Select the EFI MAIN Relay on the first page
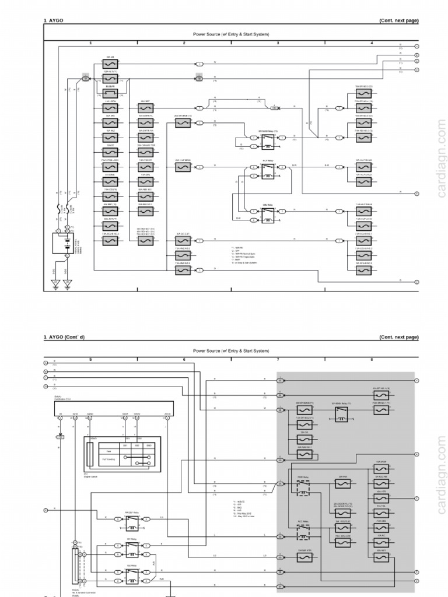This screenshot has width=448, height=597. [268, 138]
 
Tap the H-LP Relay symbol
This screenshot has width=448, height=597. [268, 170]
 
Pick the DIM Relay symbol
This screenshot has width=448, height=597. [268, 213]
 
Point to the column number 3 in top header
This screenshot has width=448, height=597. [277, 43]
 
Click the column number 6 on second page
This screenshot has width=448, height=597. [184, 360]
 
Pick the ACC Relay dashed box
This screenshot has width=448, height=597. [303, 531]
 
